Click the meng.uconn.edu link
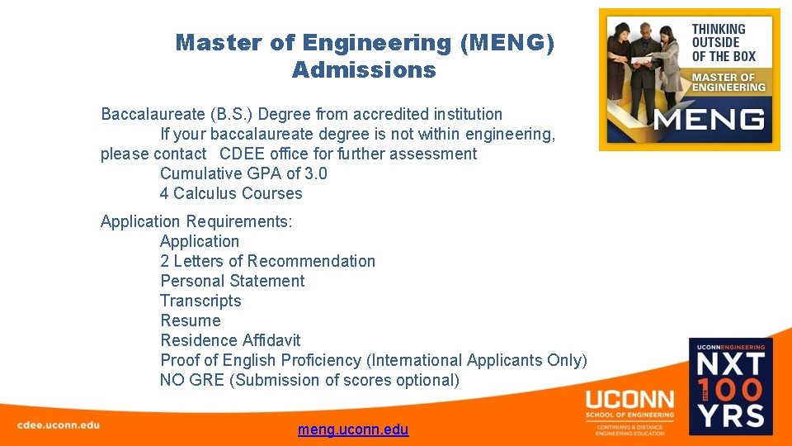353,429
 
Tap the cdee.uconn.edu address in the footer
59,425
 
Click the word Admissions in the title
363,70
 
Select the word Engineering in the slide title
377,43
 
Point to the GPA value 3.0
316,173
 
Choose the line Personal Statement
232,281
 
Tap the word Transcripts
200,301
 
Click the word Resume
190,320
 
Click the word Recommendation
311,261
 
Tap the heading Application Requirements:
196,221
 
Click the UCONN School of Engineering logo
629,410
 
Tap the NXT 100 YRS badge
731,386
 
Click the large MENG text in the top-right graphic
709,120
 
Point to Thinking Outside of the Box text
723,43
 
